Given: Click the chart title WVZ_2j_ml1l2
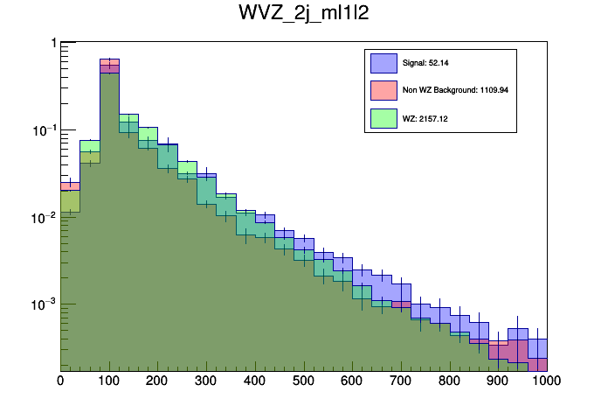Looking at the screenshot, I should point(303,15).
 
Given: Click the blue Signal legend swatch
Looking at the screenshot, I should point(384,63).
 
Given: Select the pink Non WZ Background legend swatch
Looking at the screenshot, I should point(384,89).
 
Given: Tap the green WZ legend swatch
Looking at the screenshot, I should point(384,116).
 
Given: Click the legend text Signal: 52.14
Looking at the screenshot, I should point(425,63).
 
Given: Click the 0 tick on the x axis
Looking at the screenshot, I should point(60,381).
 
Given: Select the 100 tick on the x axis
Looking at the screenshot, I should point(109,381).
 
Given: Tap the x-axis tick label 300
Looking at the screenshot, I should point(206,381).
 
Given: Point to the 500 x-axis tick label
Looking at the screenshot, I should point(304,381).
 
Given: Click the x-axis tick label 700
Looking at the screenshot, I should point(401,381).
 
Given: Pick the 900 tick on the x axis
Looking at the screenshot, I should point(499,381).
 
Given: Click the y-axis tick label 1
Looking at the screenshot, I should point(53,43).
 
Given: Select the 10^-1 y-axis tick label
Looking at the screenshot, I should point(42,130).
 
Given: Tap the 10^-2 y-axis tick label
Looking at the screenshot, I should point(42,217).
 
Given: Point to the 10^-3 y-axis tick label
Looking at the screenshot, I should point(42,304).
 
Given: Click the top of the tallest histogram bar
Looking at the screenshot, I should point(109,59).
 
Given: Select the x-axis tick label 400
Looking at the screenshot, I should point(255,381).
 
